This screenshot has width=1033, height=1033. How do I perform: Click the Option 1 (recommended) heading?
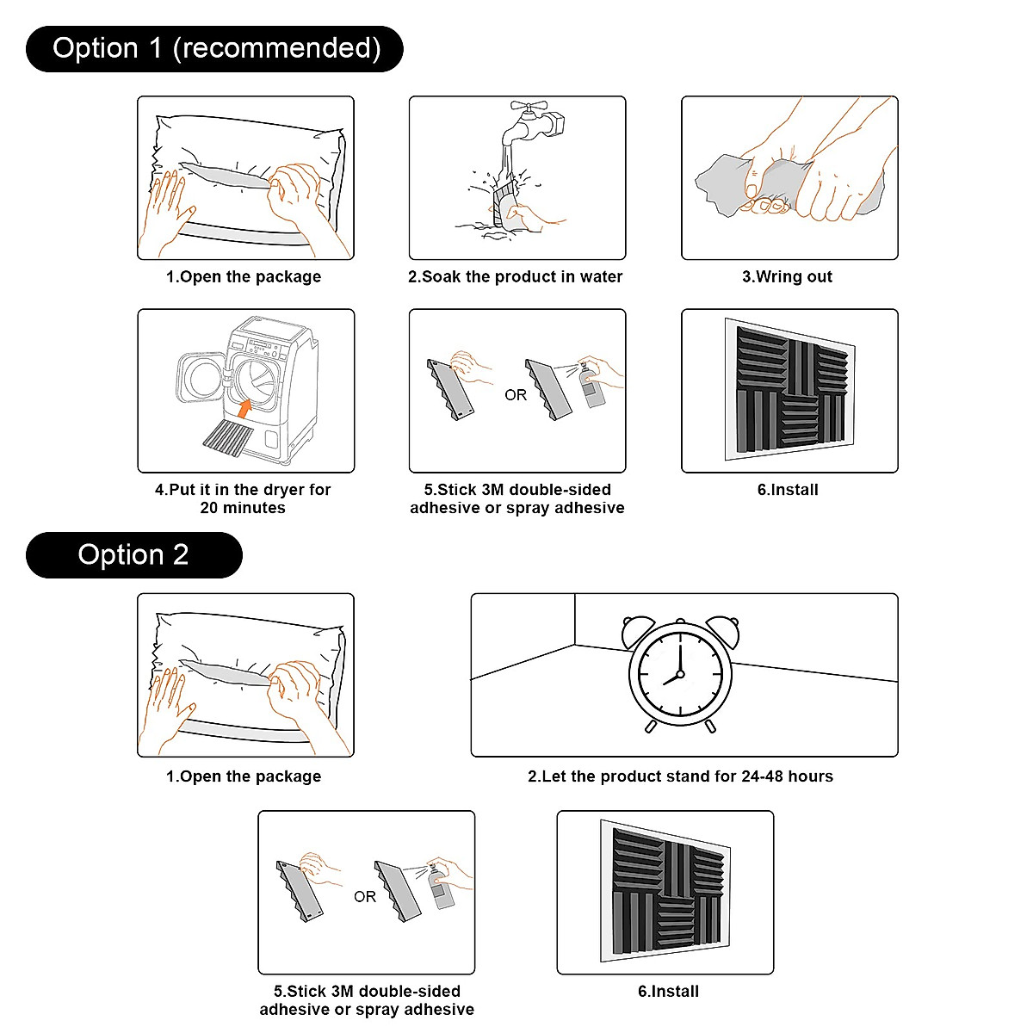[215, 48]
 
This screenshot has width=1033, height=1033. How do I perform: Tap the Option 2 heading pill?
[133, 554]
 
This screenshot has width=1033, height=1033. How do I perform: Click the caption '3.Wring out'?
[788, 276]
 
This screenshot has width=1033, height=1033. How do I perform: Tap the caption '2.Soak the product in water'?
[515, 276]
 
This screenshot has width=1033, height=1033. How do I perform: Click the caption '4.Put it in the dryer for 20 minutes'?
[243, 498]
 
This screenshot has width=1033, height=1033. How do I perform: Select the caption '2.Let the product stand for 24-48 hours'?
[680, 776]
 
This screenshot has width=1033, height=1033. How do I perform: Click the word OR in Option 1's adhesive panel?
[516, 395]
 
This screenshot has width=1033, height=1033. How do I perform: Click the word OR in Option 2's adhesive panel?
[365, 897]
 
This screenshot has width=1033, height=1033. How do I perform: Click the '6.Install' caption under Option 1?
[788, 489]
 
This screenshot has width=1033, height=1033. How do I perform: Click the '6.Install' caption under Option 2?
[668, 991]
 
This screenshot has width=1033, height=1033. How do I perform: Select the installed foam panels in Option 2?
[665, 893]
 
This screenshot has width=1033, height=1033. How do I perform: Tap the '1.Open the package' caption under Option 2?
[244, 776]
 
